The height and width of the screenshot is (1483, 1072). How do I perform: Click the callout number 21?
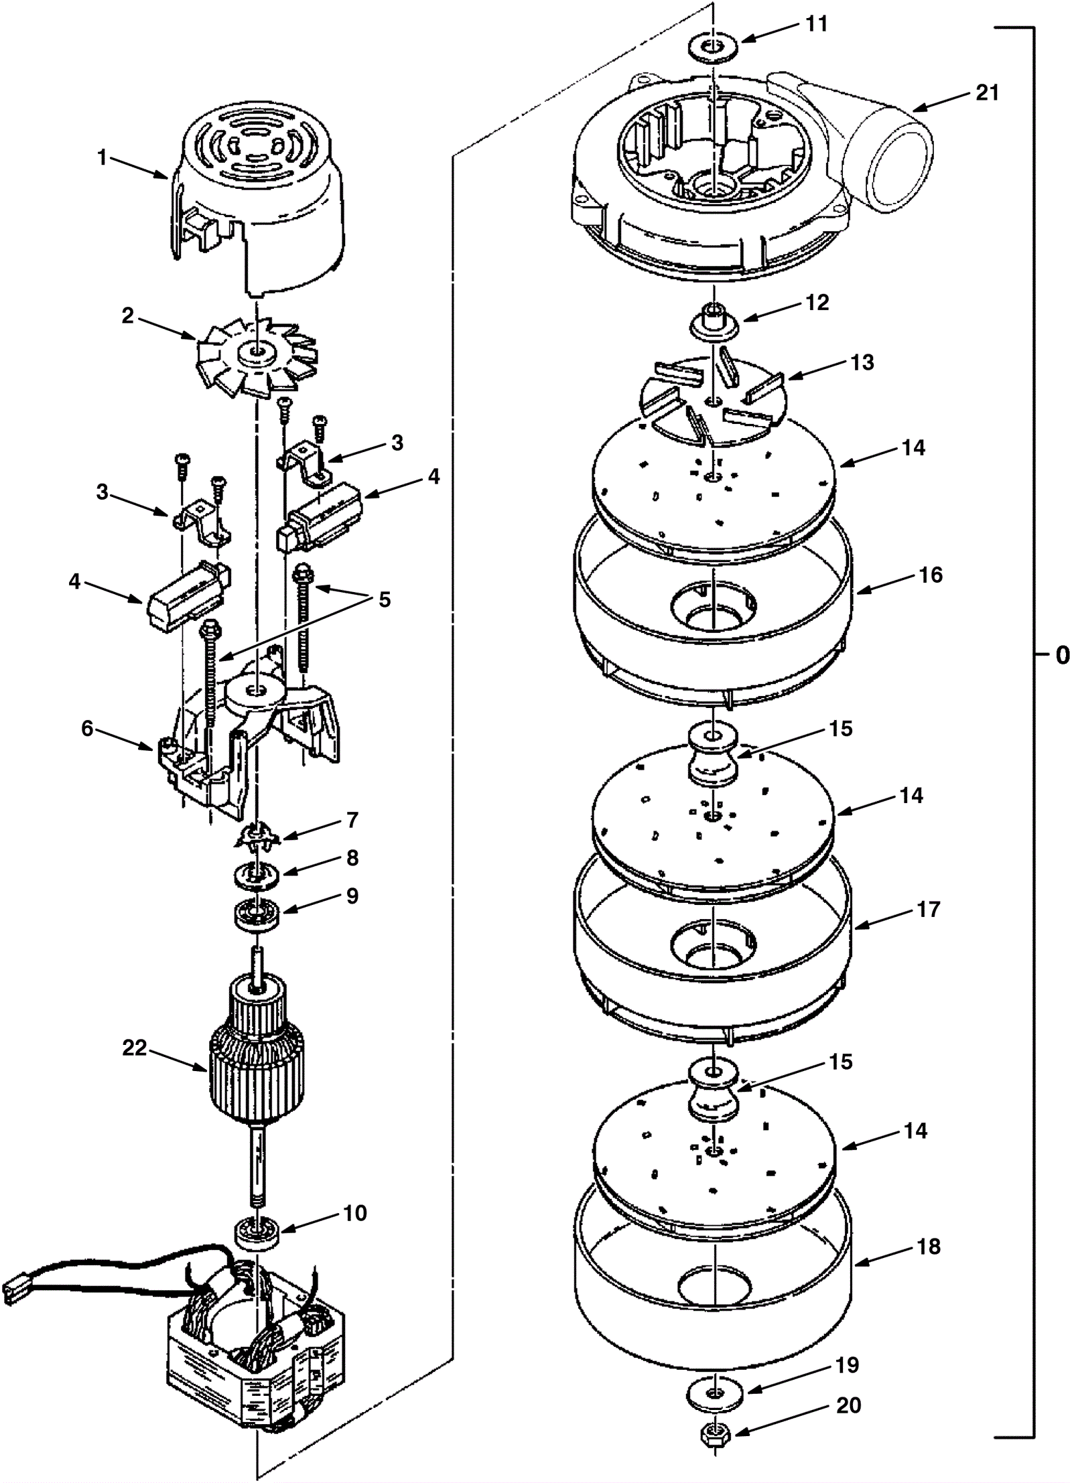point(986,92)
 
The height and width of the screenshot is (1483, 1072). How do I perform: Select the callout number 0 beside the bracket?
point(1062,655)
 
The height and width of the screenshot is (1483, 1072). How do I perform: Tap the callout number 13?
point(863,362)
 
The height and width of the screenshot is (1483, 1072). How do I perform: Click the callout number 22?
point(134,1047)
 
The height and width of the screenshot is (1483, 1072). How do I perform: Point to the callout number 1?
point(102,159)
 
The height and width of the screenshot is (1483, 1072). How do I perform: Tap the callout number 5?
point(384,599)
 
